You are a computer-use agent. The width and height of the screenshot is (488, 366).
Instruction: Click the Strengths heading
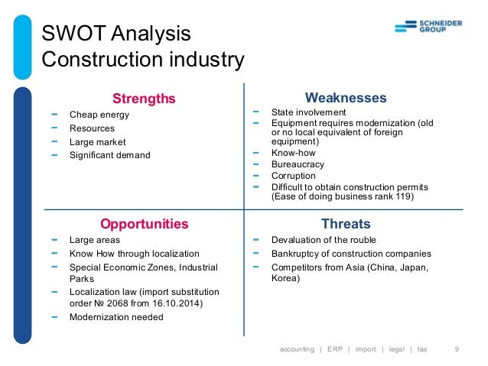click(144, 99)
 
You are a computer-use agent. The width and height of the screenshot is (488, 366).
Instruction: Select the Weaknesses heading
click(346, 98)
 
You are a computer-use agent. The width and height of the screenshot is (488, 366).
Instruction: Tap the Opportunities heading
click(144, 224)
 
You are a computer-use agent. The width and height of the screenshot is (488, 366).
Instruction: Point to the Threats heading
click(346, 224)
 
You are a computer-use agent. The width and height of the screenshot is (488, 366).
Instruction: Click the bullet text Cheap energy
click(99, 115)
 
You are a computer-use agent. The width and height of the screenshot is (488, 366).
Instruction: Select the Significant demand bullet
click(110, 155)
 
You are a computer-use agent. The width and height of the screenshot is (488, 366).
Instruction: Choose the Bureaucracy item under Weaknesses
click(298, 164)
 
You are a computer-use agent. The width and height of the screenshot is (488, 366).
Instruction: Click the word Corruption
click(294, 176)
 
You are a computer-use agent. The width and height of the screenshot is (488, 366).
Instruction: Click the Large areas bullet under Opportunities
click(94, 240)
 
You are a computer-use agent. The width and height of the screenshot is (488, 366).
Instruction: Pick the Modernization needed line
click(116, 316)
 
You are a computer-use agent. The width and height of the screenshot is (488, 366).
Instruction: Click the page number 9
click(457, 349)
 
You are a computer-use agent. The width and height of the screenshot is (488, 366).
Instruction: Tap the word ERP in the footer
click(335, 349)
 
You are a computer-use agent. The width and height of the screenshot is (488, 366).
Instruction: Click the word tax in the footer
click(422, 349)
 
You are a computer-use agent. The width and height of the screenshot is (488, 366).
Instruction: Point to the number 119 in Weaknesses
click(404, 196)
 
